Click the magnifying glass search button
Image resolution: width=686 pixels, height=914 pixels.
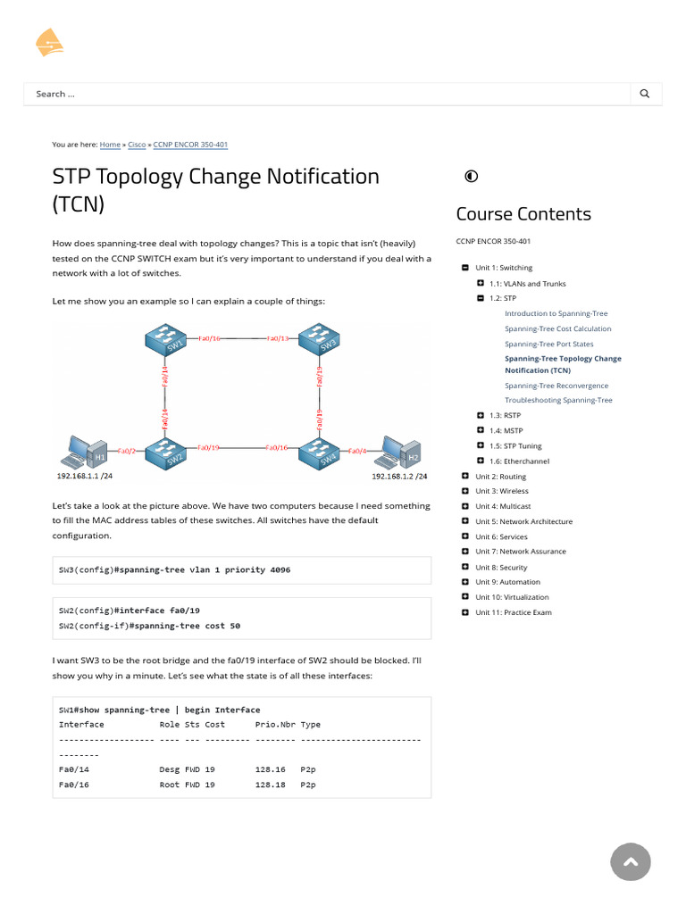(645, 94)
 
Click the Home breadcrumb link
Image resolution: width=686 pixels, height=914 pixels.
(110, 144)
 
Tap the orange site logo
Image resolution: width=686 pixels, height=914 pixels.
(49, 42)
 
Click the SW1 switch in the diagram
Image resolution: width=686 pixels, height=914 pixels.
(165, 340)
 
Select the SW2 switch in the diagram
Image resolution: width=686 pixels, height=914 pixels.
(165, 455)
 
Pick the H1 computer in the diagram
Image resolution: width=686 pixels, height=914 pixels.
(89, 453)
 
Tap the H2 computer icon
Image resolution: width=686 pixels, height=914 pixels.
(399, 453)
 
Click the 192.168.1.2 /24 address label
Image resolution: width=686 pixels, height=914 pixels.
(399, 477)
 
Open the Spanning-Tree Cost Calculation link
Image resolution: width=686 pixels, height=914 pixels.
(557, 328)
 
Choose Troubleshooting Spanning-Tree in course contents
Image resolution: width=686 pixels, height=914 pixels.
(558, 400)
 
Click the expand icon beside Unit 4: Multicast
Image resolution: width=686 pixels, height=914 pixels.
(465, 506)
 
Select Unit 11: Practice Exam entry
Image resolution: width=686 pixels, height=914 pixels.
(514, 612)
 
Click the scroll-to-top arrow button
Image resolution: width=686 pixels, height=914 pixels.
(631, 861)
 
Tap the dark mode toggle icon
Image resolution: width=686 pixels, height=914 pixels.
(472, 176)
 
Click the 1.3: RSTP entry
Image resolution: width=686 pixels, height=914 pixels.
(505, 415)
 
